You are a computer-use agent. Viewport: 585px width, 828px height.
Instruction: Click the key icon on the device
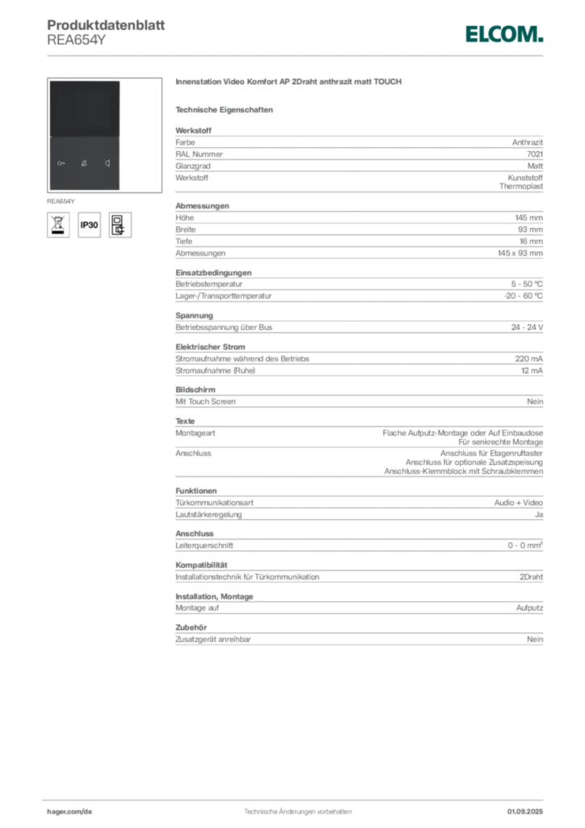tap(62, 163)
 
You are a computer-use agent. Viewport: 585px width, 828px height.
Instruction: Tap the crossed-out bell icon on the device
tap(84, 163)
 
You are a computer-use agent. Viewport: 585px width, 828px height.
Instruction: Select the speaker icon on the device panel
tap(107, 163)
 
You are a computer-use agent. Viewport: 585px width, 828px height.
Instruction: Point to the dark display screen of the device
tap(84, 109)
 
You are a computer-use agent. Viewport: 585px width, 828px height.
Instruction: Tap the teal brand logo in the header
tap(503, 34)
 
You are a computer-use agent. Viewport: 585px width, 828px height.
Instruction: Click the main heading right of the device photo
tap(289, 83)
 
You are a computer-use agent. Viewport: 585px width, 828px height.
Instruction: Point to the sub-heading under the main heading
tap(226, 108)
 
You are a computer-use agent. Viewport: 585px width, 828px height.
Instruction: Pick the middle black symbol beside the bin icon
tap(90, 225)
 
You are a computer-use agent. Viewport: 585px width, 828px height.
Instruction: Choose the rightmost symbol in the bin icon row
tap(121, 225)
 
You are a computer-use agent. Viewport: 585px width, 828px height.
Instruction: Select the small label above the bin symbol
tap(61, 199)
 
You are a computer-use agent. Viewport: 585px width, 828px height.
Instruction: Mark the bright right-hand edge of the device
tap(121, 134)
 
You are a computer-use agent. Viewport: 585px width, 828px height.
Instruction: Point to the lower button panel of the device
tap(84, 164)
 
